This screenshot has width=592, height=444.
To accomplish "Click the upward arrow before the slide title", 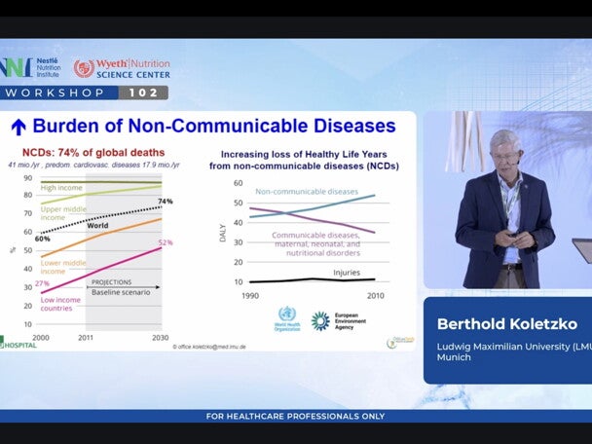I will tap(18, 127).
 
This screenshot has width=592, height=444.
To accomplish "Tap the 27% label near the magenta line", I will tap(43, 283).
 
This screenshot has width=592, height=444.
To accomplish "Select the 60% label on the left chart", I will tap(42, 238).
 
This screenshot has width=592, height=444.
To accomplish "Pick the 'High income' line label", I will tap(60, 188).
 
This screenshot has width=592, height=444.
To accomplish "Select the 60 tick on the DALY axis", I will tap(237, 182).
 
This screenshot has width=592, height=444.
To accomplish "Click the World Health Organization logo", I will tap(286, 319).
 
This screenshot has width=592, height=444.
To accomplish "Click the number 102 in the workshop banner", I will tap(143, 92).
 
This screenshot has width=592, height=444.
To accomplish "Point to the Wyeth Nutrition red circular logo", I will tap(84, 68).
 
